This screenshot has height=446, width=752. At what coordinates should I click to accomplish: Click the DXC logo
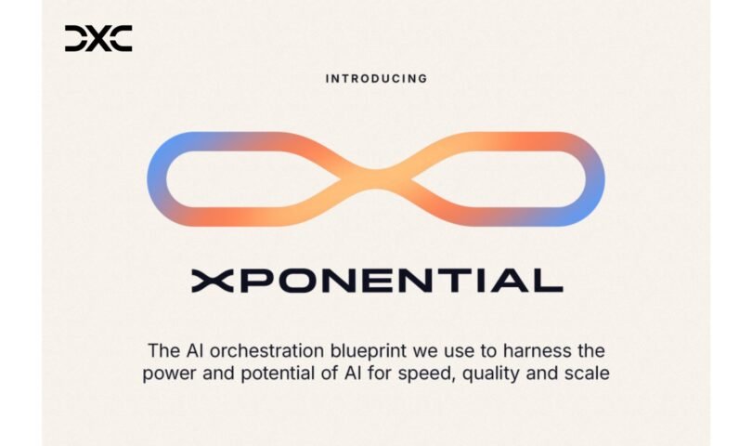(x=98, y=38)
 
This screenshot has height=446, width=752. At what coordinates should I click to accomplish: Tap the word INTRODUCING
(x=377, y=79)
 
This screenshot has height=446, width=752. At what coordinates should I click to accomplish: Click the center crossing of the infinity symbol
(x=377, y=179)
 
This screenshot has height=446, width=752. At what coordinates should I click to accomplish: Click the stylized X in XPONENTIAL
(x=213, y=281)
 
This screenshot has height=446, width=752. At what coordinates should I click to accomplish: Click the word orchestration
(x=266, y=351)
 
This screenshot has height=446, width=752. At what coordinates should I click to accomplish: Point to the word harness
(x=537, y=351)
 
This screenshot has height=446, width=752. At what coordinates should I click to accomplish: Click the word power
(x=169, y=374)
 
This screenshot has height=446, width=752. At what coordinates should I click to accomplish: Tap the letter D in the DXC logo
(x=76, y=38)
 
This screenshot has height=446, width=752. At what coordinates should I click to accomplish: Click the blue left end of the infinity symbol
(x=157, y=177)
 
